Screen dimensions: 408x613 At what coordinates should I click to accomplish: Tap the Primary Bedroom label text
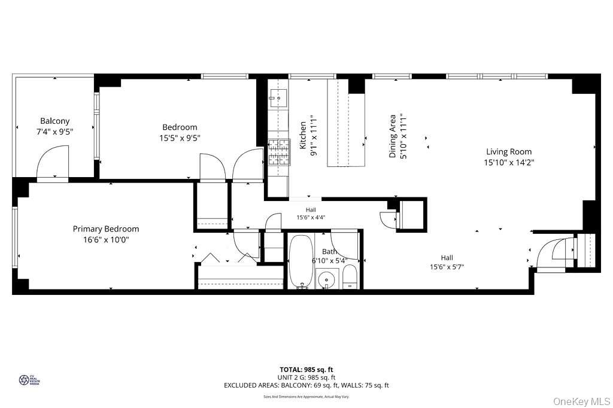coord(106,229)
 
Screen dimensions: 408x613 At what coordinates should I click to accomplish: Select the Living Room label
coord(508,152)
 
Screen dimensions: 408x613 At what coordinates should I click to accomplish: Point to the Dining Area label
coord(393,136)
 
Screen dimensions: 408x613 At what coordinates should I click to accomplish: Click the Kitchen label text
coord(303,135)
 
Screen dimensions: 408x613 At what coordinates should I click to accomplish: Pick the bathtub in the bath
coord(299,261)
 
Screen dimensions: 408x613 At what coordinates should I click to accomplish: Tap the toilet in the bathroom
coord(350,278)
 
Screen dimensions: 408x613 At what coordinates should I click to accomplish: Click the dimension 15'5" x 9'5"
coord(180,138)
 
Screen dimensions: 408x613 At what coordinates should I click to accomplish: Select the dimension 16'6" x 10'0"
coord(105,239)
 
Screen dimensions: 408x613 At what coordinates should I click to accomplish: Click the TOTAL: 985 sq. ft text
coord(306,369)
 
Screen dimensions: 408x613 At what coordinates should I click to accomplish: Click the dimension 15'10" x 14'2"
coord(508,162)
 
